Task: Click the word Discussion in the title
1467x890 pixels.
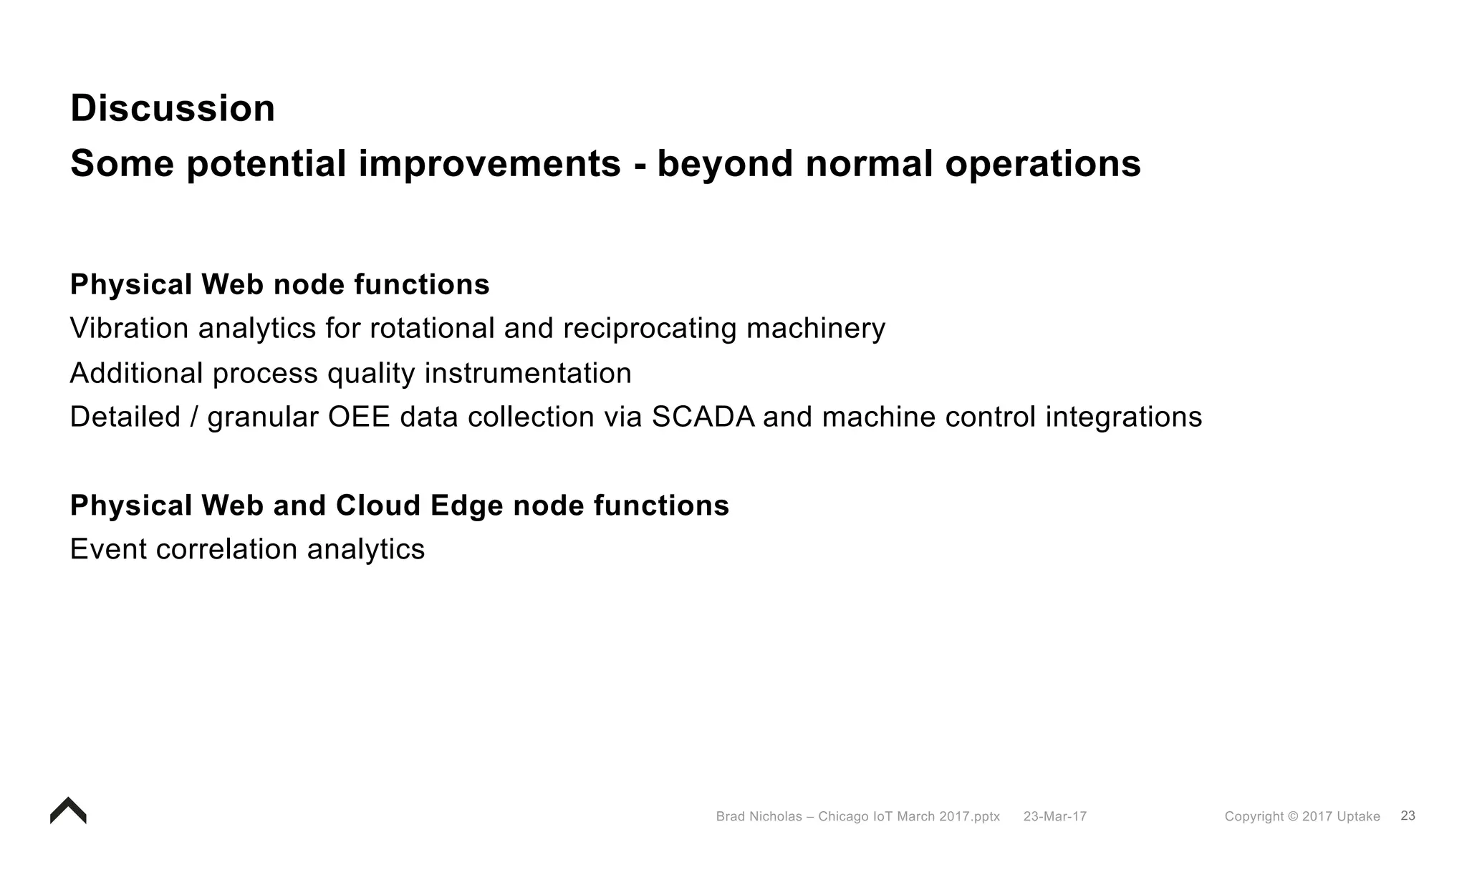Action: pos(173,109)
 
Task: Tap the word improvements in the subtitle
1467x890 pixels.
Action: pos(489,164)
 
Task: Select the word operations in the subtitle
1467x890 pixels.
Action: pos(1042,164)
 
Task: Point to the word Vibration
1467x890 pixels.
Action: pos(129,329)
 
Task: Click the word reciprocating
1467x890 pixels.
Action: pos(650,329)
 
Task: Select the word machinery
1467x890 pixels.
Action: pos(815,329)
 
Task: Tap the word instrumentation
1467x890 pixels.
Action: pos(528,374)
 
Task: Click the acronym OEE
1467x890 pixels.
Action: pos(359,417)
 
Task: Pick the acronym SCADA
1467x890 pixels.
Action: pos(703,417)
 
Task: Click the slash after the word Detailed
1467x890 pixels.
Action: pos(193,417)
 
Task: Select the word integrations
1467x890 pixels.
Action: pos(1123,417)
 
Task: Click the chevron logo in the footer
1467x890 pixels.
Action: pos(68,811)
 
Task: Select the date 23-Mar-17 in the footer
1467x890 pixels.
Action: pos(1054,816)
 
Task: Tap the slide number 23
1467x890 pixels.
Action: pos(1408,816)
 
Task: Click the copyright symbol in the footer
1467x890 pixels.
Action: pos(1292,816)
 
